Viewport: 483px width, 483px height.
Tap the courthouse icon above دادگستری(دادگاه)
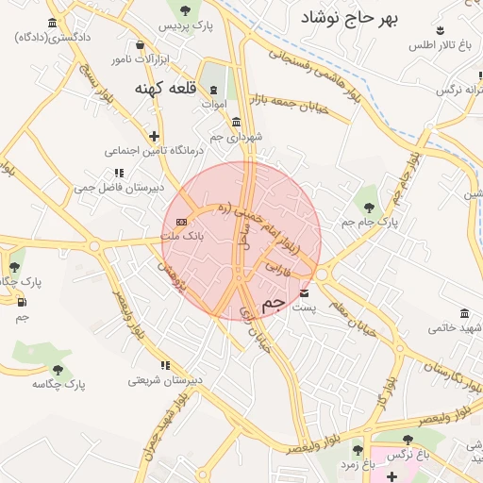point(51,24)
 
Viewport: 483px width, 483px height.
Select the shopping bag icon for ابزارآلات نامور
point(141,44)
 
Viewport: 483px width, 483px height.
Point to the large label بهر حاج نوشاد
point(350,17)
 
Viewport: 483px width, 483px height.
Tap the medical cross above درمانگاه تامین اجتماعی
point(154,136)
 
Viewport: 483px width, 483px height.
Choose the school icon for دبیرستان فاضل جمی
point(119,173)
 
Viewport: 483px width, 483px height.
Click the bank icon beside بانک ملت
point(182,222)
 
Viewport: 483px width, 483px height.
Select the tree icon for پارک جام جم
point(368,207)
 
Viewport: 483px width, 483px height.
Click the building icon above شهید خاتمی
point(464,313)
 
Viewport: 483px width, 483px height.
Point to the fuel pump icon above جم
point(21,302)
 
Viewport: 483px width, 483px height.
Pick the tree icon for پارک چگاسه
point(58,370)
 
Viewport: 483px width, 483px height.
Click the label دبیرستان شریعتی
point(166,381)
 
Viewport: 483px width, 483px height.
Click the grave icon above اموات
point(214,89)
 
